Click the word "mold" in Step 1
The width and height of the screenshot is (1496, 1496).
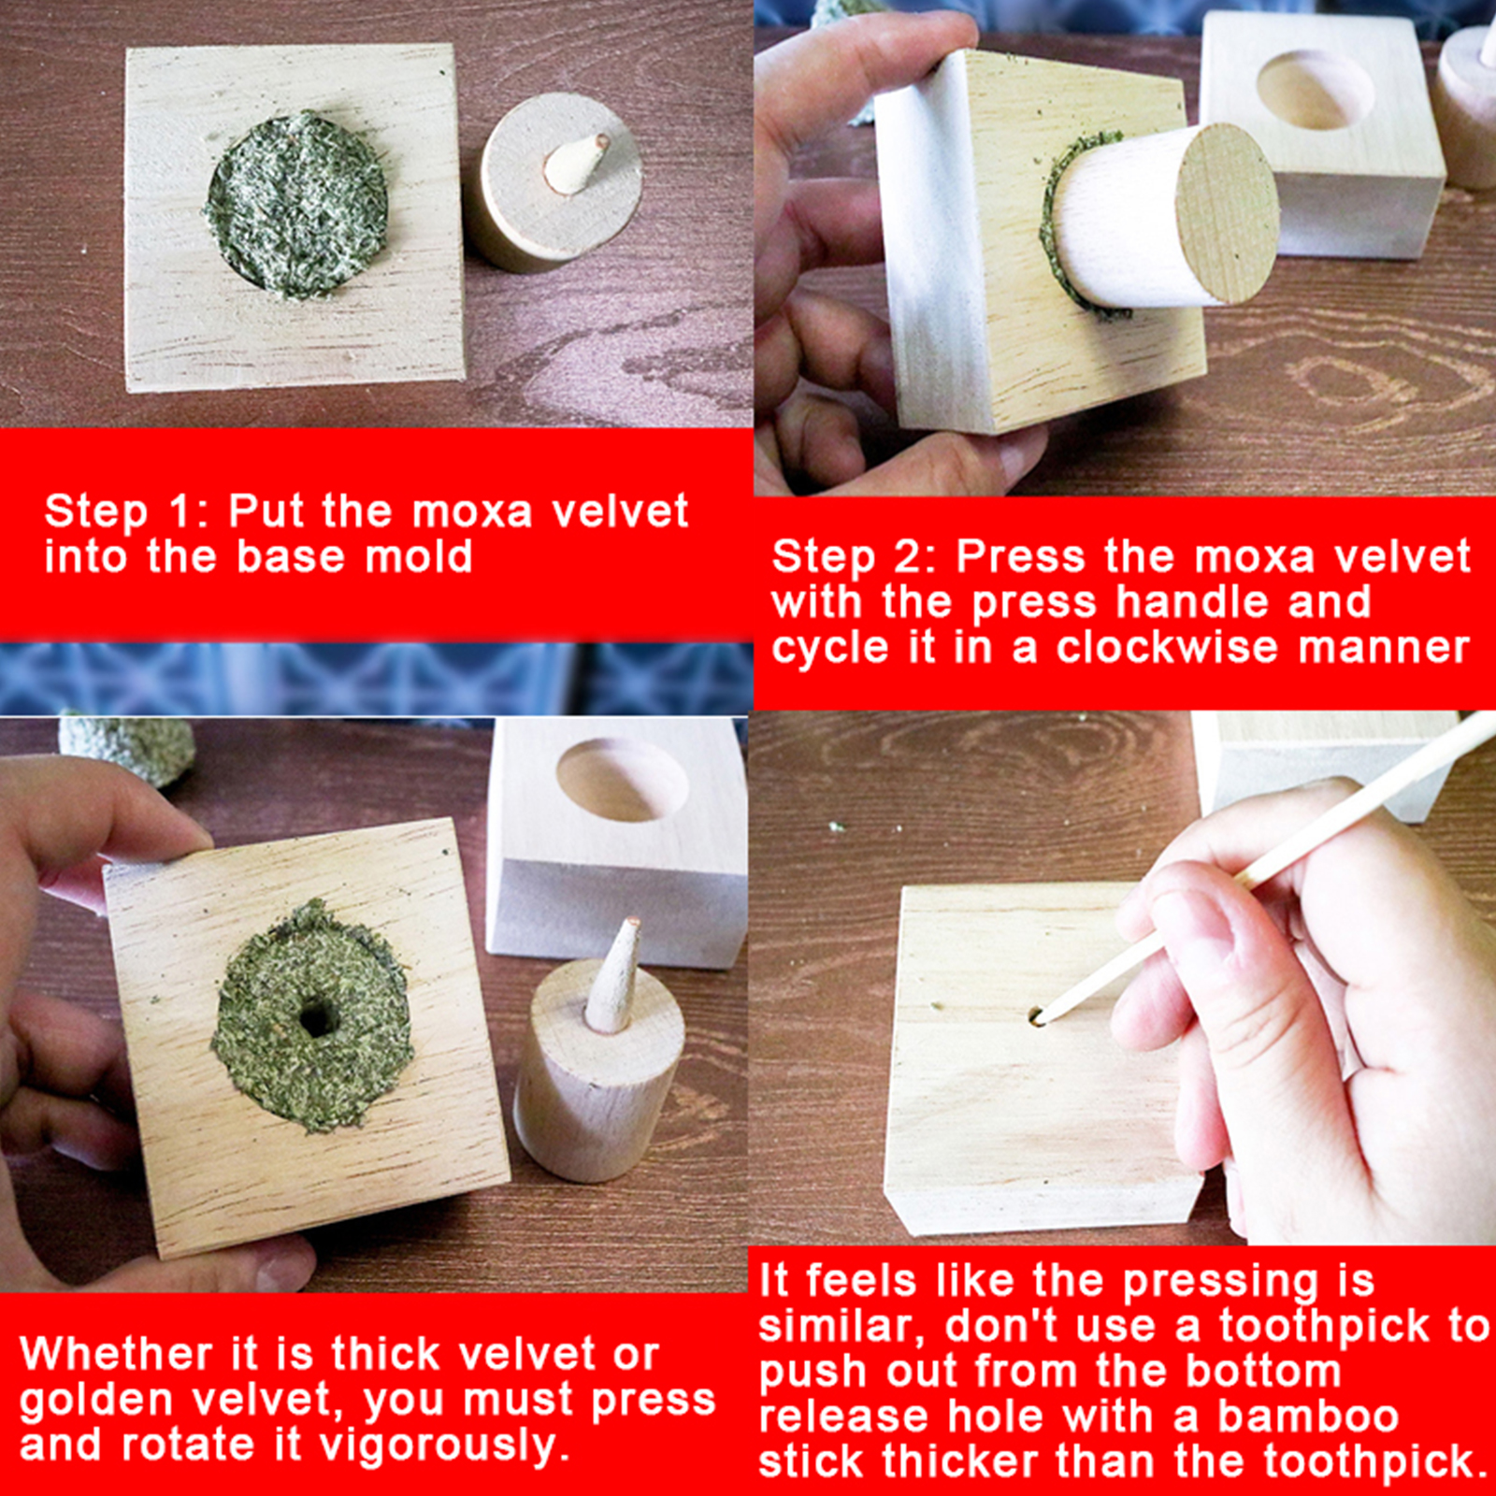(x=418, y=556)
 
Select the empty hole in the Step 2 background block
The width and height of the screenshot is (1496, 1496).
(x=1314, y=90)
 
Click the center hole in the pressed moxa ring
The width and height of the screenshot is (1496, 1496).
(x=319, y=1018)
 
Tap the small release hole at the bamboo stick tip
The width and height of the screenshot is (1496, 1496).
(x=1036, y=1015)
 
